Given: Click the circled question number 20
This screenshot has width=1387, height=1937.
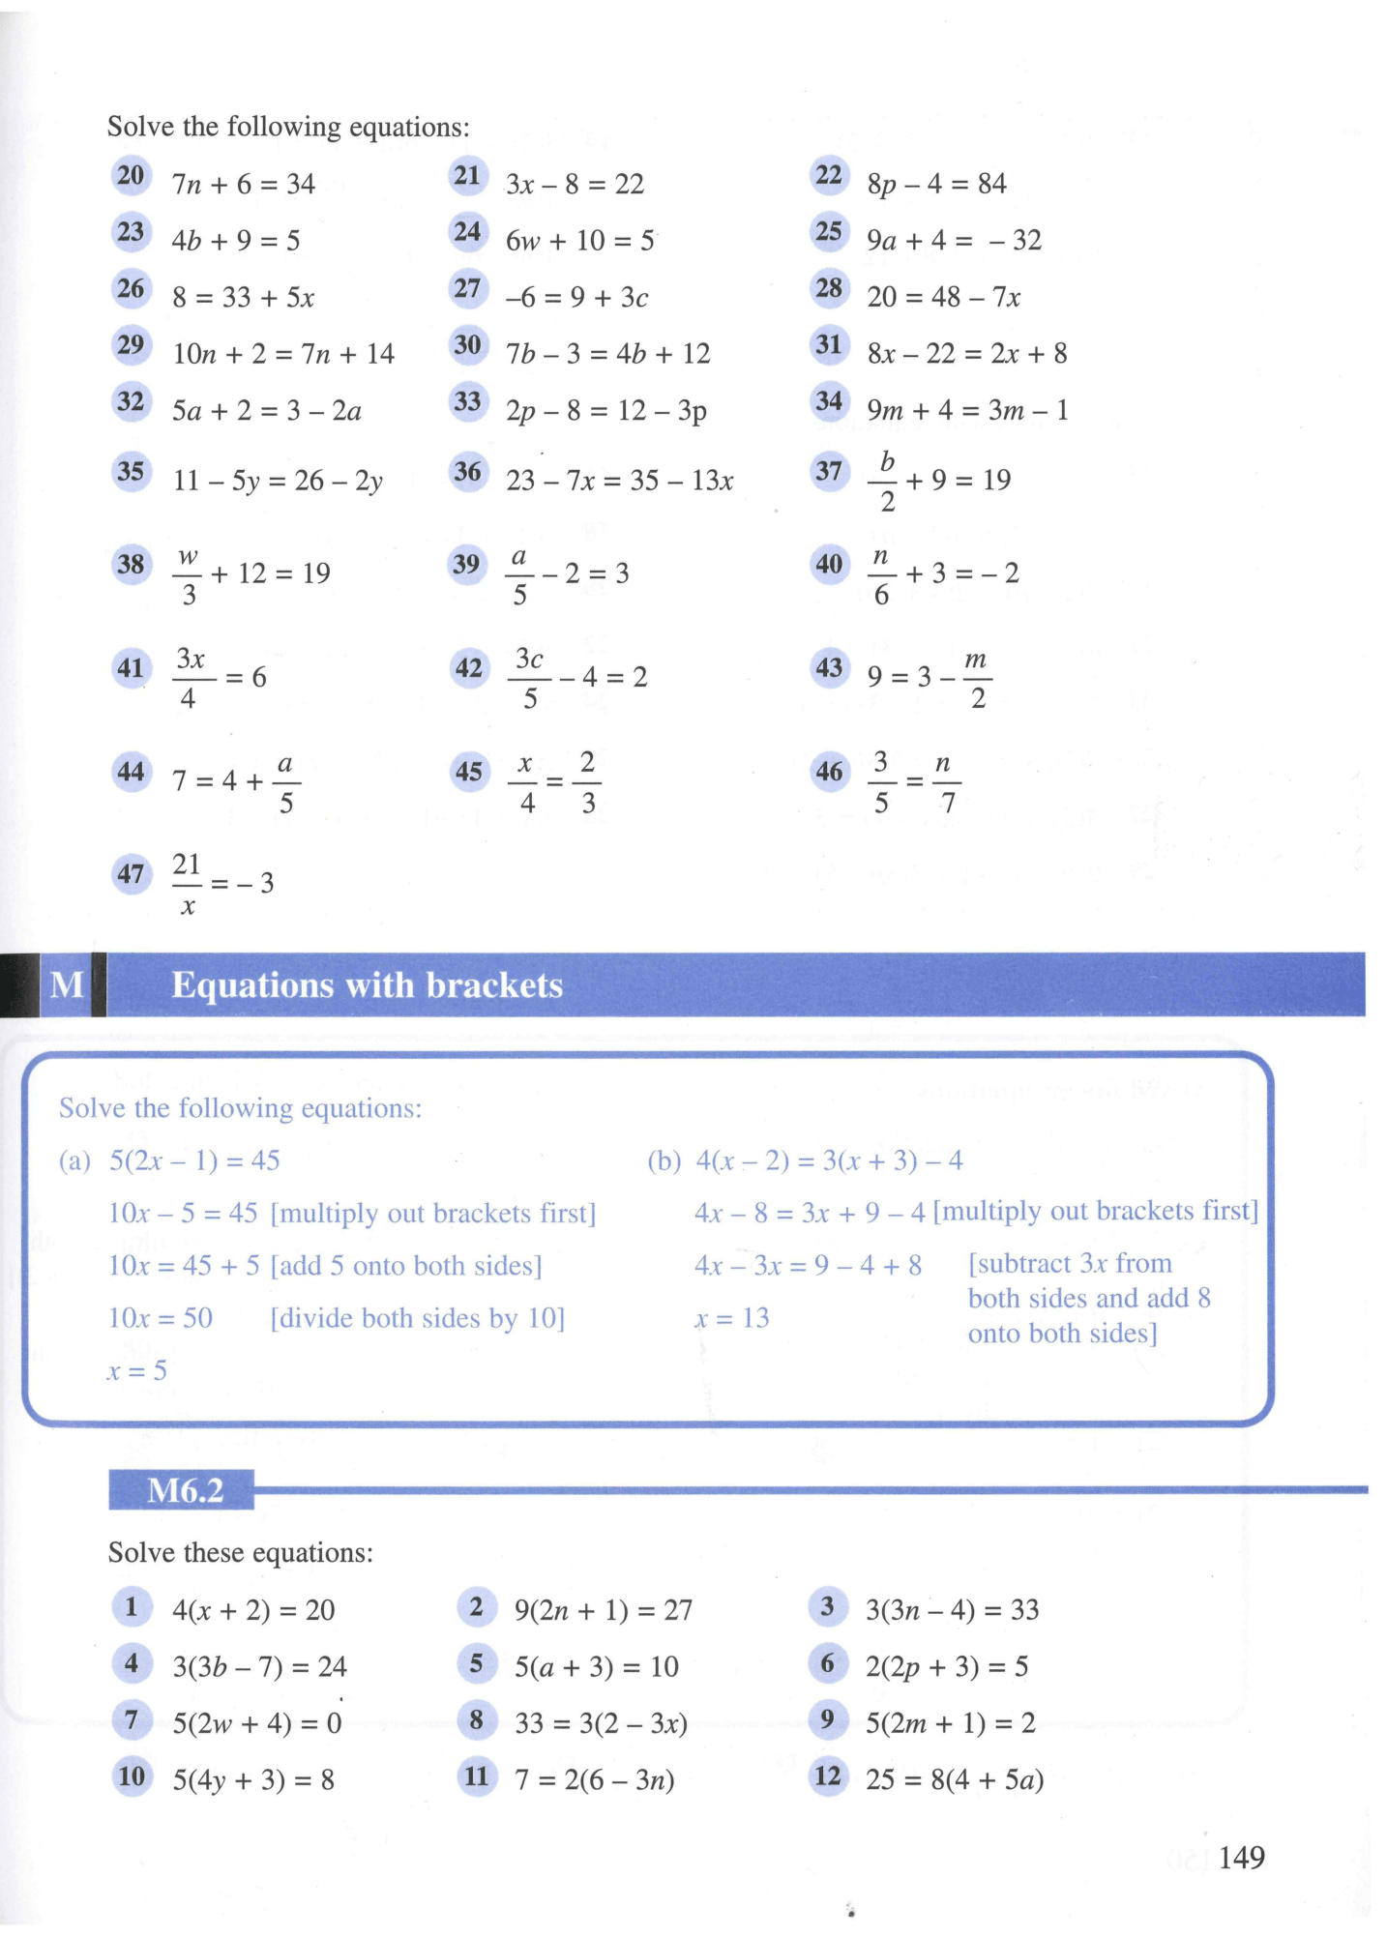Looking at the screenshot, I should (x=131, y=176).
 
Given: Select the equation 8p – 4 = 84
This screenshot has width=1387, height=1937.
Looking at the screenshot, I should (x=935, y=184).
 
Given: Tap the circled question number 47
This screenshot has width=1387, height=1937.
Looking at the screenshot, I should (x=131, y=875).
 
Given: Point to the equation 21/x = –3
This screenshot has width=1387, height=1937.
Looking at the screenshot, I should (x=222, y=883).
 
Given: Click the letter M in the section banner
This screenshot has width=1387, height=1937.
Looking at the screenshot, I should (x=67, y=984).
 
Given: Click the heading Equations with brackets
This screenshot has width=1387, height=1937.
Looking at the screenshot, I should (x=367, y=985).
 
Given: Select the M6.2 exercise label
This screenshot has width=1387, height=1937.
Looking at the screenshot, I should (x=184, y=1490).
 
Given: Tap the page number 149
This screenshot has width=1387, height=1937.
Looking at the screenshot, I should (x=1241, y=1858).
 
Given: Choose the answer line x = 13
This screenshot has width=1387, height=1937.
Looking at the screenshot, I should (x=732, y=1318).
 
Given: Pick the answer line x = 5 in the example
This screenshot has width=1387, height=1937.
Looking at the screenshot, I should (x=136, y=1370).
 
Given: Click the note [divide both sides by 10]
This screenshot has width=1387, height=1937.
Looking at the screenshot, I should (x=417, y=1318).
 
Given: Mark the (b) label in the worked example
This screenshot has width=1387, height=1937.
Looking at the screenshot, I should (x=664, y=1160).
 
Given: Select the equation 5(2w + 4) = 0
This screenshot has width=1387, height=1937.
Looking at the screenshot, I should (x=256, y=1722).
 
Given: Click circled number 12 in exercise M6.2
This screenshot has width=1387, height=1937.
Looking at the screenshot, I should (x=828, y=1776).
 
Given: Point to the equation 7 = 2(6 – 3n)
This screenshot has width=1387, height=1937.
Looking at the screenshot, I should (x=594, y=1779).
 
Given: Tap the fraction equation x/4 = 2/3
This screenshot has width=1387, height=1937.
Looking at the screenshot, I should (x=554, y=781).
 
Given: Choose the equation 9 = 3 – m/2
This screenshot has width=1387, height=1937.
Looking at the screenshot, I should (x=929, y=677).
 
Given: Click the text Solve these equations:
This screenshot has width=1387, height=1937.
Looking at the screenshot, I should (x=240, y=1553).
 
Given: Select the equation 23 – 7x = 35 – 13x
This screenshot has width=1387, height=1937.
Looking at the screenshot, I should (x=619, y=481).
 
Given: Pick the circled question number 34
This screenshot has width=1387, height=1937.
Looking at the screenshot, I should (x=829, y=401).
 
